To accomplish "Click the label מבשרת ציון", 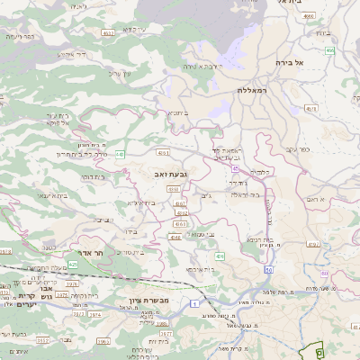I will coord(163,300).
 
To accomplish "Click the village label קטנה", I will coord(50,245).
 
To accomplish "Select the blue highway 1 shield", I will coord(195,303).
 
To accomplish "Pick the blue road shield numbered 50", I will coord(269,268).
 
